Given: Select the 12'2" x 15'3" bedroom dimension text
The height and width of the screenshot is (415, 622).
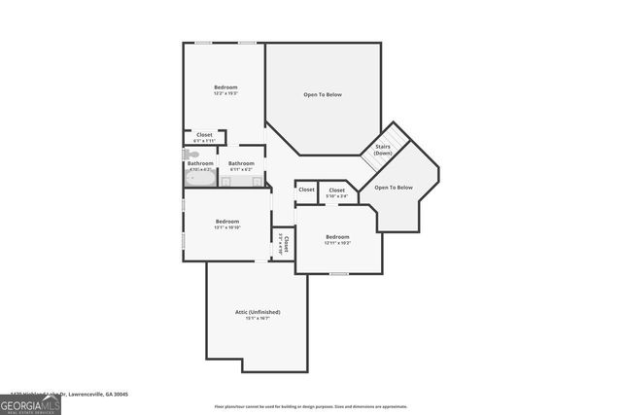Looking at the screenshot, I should coord(226,93).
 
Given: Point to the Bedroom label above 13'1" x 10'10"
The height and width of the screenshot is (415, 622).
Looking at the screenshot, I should coord(226,221).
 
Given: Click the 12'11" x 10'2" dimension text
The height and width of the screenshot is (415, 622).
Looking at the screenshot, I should coord(337,243).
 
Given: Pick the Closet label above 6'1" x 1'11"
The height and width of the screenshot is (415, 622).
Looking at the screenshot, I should coord(204,134).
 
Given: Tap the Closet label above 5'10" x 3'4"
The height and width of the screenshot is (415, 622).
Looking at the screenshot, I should coord(337,190).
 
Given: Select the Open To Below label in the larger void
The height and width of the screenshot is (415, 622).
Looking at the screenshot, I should coord(323,94).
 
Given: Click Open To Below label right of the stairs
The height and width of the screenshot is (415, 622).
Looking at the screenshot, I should coord(394,187).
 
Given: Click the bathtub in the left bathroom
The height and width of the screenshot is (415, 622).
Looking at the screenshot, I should coord(199,179).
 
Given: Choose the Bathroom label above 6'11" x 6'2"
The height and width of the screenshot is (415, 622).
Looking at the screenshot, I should coord(241,163).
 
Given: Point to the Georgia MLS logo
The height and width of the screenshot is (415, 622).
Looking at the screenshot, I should coord(30,403).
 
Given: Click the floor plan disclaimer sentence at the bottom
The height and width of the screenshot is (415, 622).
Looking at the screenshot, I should coord(310,406).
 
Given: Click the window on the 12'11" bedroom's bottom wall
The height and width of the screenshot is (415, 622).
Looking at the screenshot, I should coord(338,273).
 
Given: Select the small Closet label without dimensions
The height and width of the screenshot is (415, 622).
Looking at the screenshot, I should coord(306,190).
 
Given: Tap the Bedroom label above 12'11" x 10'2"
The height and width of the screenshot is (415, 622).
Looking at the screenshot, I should coord(337,236).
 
